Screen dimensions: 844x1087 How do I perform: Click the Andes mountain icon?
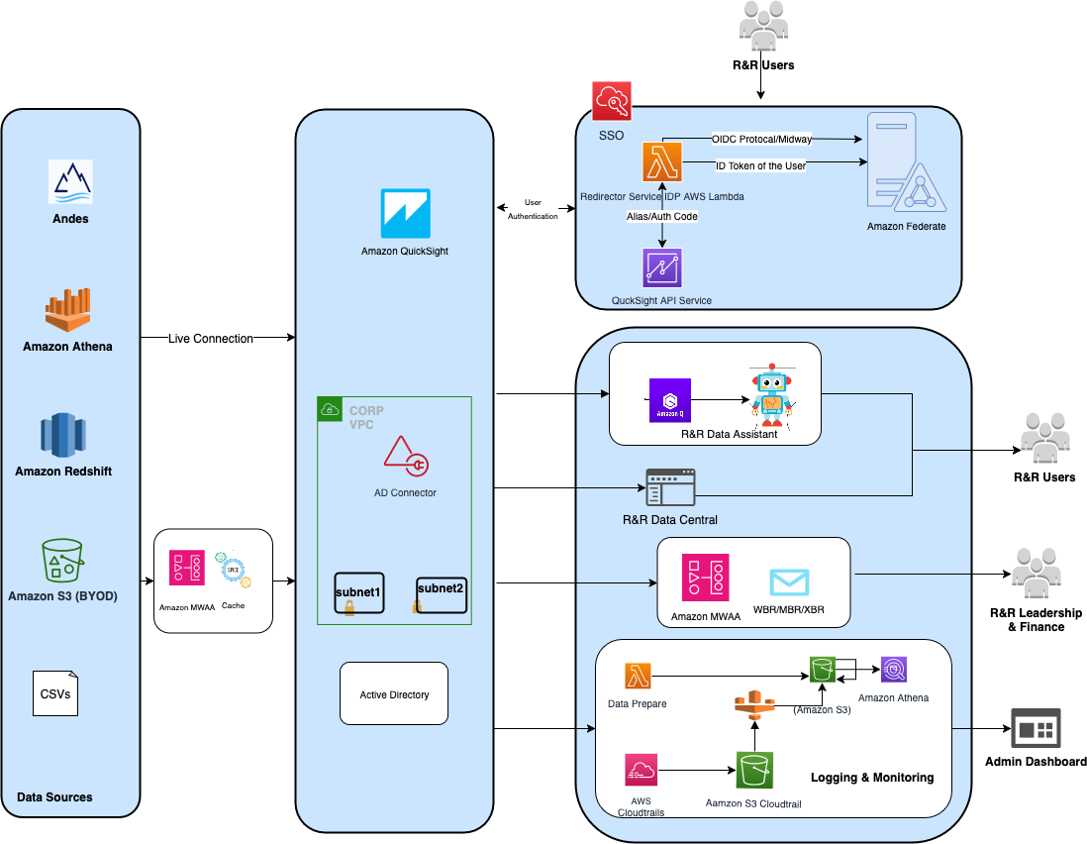coord(69,182)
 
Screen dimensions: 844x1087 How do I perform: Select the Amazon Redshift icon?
coord(63,434)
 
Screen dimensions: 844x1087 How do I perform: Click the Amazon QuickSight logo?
coord(405,213)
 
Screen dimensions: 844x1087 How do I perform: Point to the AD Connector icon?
coord(406,459)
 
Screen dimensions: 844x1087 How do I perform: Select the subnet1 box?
coord(358,593)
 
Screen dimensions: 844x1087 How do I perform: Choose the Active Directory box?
coord(394,694)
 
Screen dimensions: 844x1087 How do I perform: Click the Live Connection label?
coord(210,339)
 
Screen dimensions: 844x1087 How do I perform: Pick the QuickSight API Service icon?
coord(661,268)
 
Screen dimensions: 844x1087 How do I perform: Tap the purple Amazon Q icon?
coord(670,400)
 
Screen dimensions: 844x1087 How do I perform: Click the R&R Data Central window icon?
coord(670,488)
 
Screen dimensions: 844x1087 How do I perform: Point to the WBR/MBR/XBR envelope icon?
coord(789,581)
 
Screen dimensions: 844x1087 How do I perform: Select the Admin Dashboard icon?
coord(1036,728)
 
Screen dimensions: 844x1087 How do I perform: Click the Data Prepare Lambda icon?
coord(638,677)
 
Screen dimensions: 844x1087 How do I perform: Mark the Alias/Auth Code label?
coord(662,215)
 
